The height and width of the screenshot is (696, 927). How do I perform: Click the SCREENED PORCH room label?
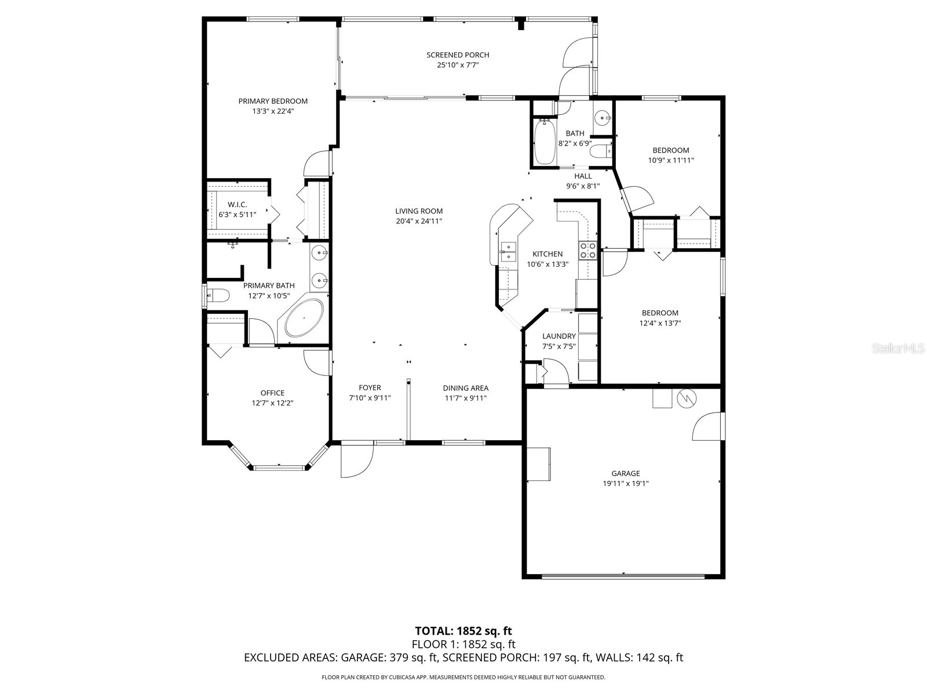[x=458, y=55]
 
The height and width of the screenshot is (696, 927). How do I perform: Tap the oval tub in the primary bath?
[x=304, y=318]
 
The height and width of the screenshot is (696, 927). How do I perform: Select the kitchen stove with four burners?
[x=587, y=250]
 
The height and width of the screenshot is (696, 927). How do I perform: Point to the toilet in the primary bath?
[x=217, y=295]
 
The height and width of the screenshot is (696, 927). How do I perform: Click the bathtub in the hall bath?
[x=545, y=142]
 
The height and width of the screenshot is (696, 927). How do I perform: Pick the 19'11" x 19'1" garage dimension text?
[x=626, y=484]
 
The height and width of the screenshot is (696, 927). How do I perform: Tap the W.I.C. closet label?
[x=238, y=205]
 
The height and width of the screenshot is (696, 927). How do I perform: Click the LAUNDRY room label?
[x=559, y=336]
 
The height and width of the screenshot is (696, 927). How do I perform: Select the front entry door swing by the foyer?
[x=357, y=460]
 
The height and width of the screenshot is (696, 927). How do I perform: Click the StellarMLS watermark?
[x=898, y=349]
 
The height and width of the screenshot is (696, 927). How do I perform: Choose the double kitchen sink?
[x=509, y=252]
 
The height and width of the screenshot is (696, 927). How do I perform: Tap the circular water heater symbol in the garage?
[x=687, y=398]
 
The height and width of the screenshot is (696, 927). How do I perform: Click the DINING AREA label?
[x=465, y=388]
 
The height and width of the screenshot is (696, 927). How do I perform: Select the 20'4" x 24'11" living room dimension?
[x=419, y=221]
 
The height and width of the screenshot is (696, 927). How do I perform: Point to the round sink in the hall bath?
[x=603, y=118]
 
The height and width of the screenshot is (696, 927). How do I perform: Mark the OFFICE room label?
[x=272, y=393]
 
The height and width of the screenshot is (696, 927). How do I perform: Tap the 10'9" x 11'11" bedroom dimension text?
[x=671, y=161]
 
